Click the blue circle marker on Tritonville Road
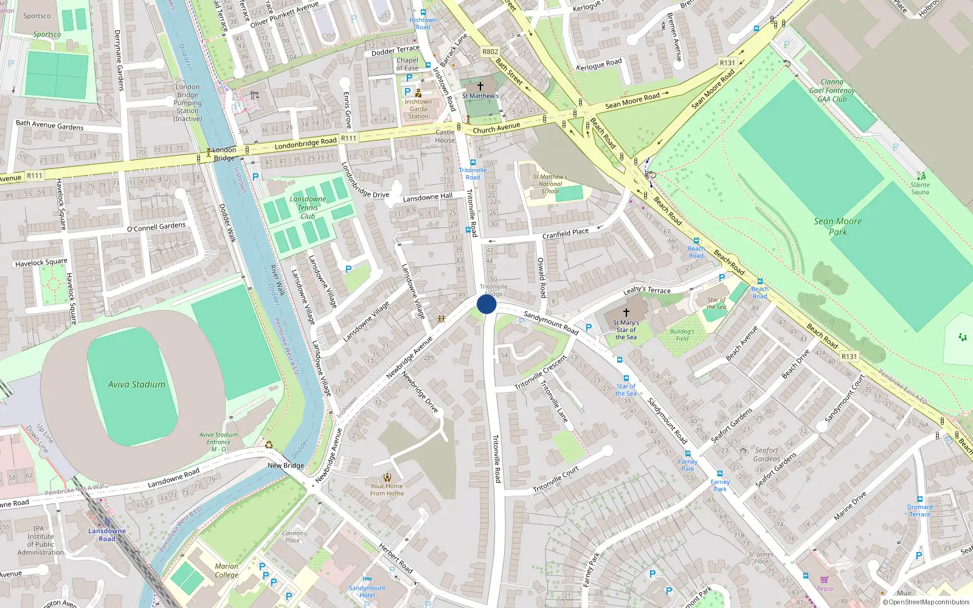pos(486,304)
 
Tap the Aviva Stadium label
pos(137,384)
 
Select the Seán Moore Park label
pos(837,226)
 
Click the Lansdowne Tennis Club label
pos(308,207)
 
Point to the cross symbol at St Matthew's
pos(480,86)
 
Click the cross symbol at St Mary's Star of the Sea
pos(626,313)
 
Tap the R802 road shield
pos(490,52)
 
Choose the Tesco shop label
pos(825,589)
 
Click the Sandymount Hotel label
pos(367,592)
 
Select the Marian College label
pos(226,570)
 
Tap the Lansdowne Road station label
pos(107,534)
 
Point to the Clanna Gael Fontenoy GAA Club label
pos(832,91)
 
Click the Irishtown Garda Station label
pos(418,109)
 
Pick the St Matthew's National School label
pos(550,184)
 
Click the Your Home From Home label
pos(387,489)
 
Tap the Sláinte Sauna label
pos(919,188)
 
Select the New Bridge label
pos(286,465)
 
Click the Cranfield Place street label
pos(566,233)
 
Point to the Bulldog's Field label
pos(682,335)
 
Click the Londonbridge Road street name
pos(305,144)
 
